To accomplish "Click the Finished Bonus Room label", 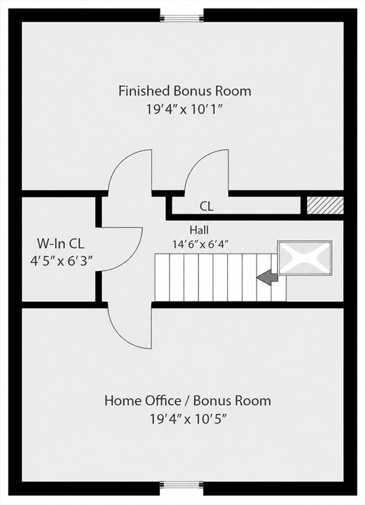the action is pos(185,91).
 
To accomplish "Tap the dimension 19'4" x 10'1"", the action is pos(185,110).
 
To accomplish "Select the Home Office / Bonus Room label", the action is pos(187,400).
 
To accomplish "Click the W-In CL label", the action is pos(61,244).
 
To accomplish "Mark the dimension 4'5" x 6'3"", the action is pos(61,260).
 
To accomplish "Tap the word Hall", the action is pos(199,230).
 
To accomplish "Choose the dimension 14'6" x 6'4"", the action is pos(200,244).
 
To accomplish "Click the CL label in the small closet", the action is pos(207,206).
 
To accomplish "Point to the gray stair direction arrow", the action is pos(267,277).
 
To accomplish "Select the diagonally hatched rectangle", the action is pos(325,205).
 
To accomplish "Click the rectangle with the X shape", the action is pos(304,258).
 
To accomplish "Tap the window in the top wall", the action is pos(182,18).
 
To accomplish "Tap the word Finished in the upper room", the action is pos(144,91).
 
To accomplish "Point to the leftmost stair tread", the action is pos(162,277).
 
